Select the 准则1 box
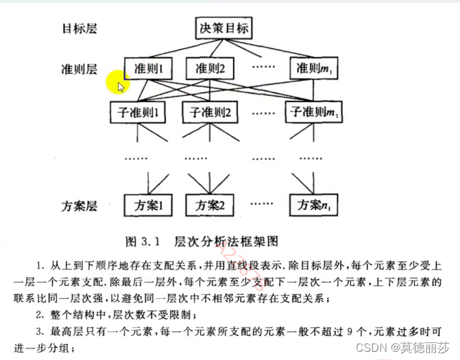click(147, 69)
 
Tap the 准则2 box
click(215, 69)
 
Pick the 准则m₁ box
click(315, 69)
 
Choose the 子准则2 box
click(210, 111)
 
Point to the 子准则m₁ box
click(314, 111)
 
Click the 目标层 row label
click(80, 29)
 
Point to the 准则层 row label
click(80, 69)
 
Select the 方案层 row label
click(80, 204)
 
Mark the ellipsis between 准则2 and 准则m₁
click(265, 69)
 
